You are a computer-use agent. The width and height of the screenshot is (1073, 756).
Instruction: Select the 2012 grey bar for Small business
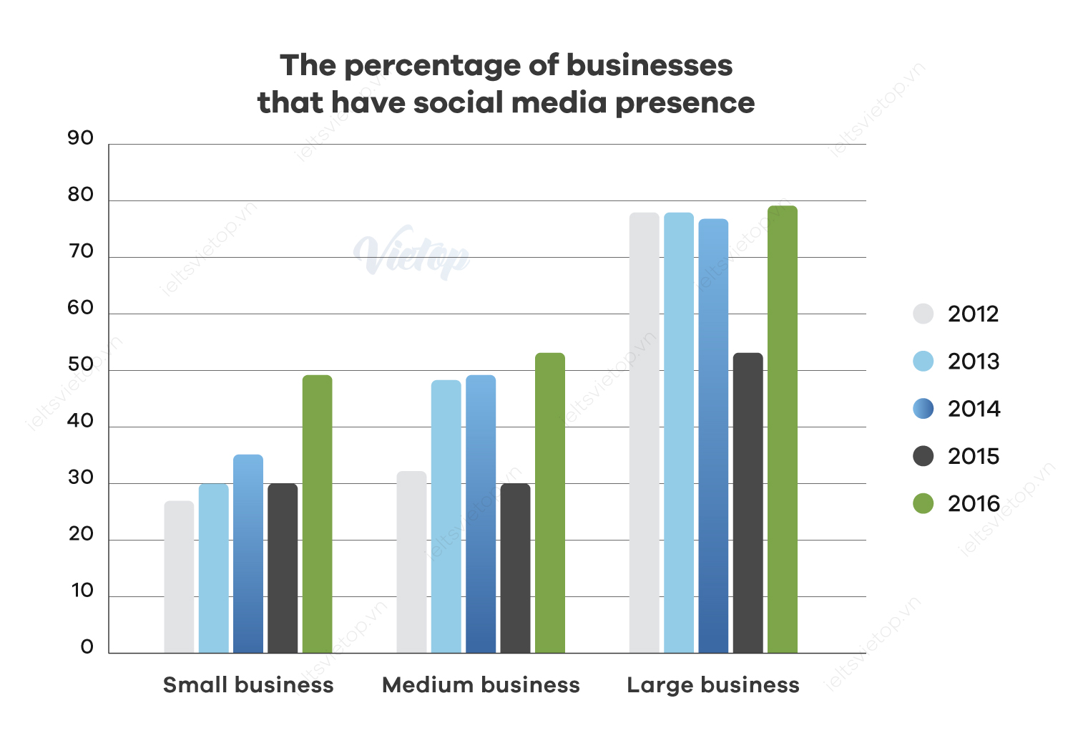179,577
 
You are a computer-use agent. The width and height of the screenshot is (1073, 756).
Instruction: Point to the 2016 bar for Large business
783,430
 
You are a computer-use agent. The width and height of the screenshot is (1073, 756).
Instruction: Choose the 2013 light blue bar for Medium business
446,516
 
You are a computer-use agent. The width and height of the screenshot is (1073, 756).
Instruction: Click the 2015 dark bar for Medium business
516,568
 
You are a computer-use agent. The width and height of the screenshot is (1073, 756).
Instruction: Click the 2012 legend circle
923,314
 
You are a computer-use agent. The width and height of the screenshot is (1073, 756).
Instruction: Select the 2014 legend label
974,409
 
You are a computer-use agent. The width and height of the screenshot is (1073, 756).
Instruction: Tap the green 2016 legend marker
923,503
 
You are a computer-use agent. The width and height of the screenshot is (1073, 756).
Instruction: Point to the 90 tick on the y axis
81,138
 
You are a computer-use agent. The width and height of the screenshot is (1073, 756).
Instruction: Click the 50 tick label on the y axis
81,364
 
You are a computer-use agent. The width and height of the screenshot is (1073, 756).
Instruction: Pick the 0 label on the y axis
87,647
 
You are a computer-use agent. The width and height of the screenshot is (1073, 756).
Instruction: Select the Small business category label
248,685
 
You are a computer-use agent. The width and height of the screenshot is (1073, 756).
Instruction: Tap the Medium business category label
481,685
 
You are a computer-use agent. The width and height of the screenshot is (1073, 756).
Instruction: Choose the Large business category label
713,685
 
